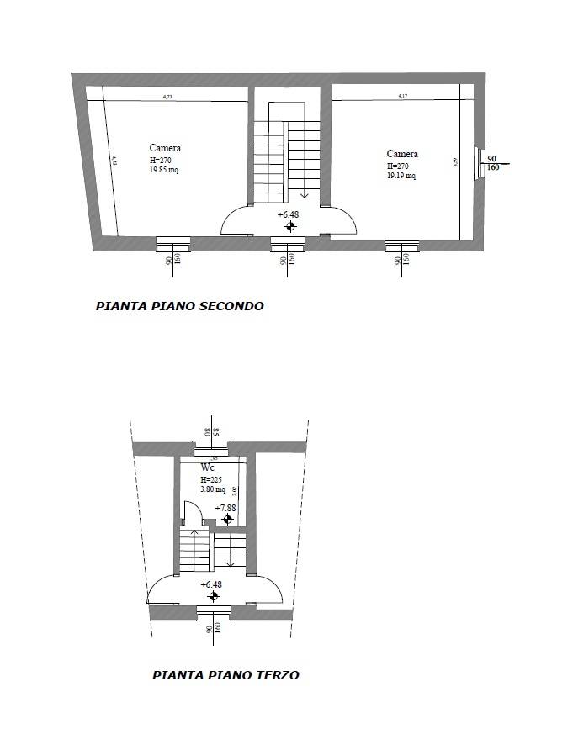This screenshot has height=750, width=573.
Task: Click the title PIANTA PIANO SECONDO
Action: pos(179,306)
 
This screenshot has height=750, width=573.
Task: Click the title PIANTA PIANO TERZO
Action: pos(225,674)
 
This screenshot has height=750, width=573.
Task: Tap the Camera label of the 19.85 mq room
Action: pos(165,148)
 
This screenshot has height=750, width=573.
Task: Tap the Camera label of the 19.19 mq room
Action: pos(402,154)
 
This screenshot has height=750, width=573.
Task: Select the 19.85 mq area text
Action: pos(164,169)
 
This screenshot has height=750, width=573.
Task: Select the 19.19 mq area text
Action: pos(401,176)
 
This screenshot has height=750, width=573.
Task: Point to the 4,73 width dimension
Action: pos(167,98)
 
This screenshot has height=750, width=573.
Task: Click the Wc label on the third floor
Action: pos(209,467)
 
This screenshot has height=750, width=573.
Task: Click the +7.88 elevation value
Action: pos(225,508)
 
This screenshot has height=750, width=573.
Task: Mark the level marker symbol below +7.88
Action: pos(227,519)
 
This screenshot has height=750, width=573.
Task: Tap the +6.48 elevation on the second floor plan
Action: pos(288,214)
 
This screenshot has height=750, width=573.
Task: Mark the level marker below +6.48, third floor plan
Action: pos(213,596)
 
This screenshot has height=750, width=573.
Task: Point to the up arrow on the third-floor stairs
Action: pos(194,532)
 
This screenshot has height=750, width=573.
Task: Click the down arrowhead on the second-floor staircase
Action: pos(303,195)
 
